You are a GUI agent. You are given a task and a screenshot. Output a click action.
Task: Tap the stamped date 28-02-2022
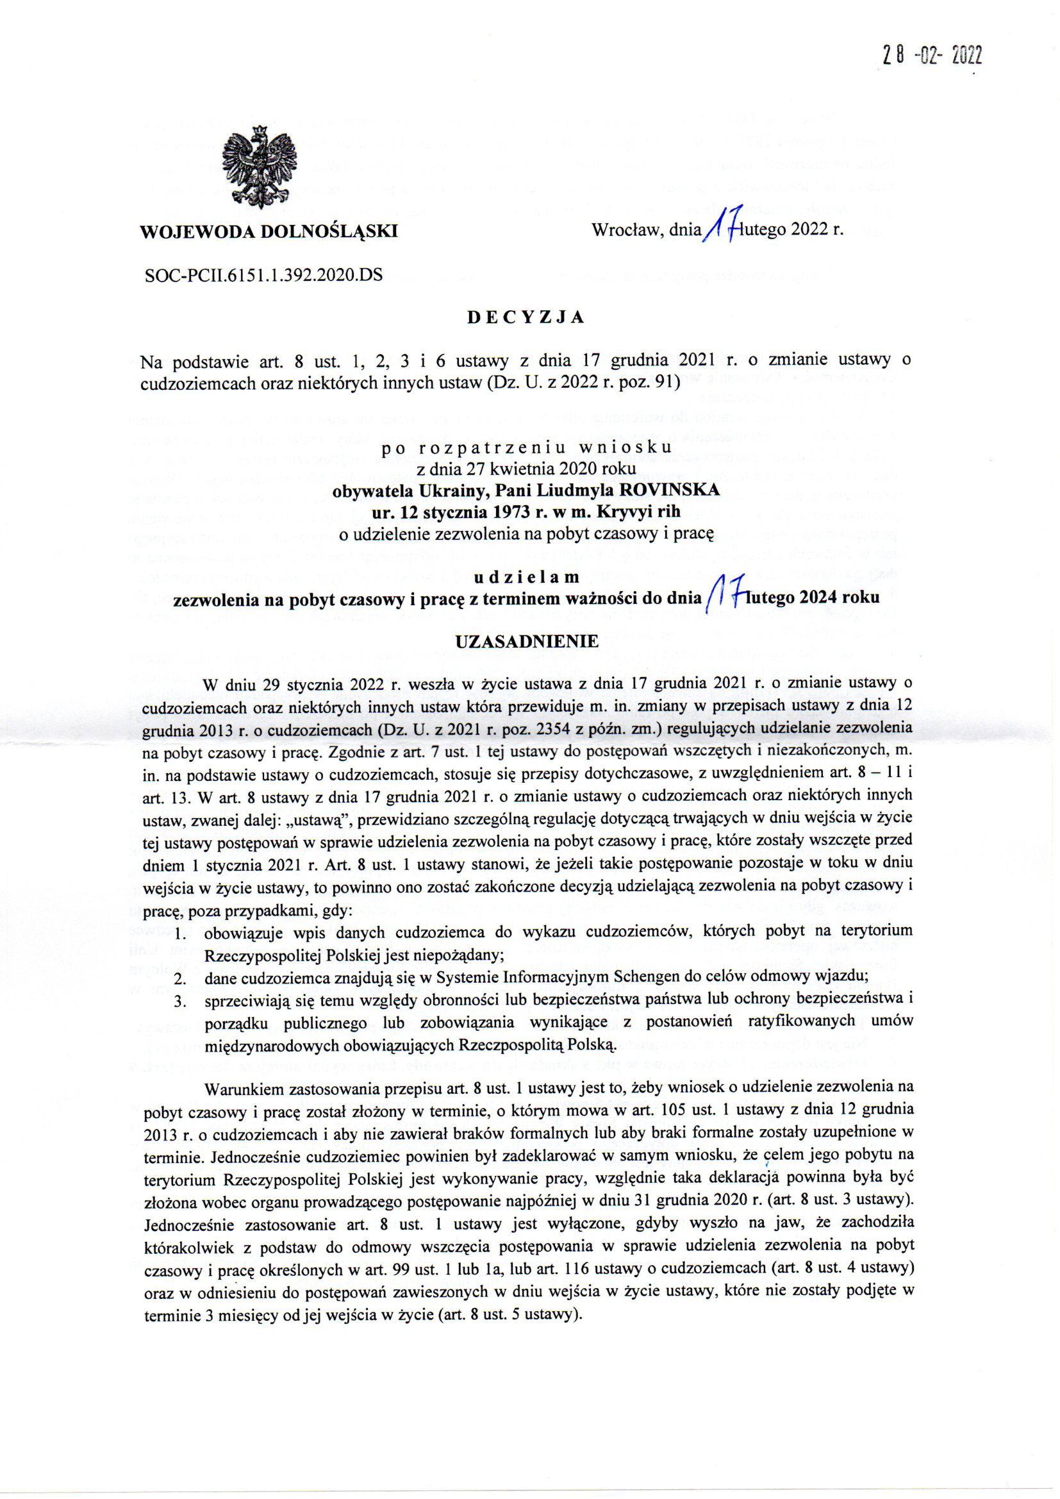click(x=930, y=57)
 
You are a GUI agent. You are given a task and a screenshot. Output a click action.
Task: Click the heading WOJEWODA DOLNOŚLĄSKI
click(x=269, y=231)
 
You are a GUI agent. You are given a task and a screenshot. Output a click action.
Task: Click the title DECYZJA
click(x=526, y=317)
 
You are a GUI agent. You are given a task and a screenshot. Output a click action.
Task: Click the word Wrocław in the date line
click(x=624, y=230)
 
